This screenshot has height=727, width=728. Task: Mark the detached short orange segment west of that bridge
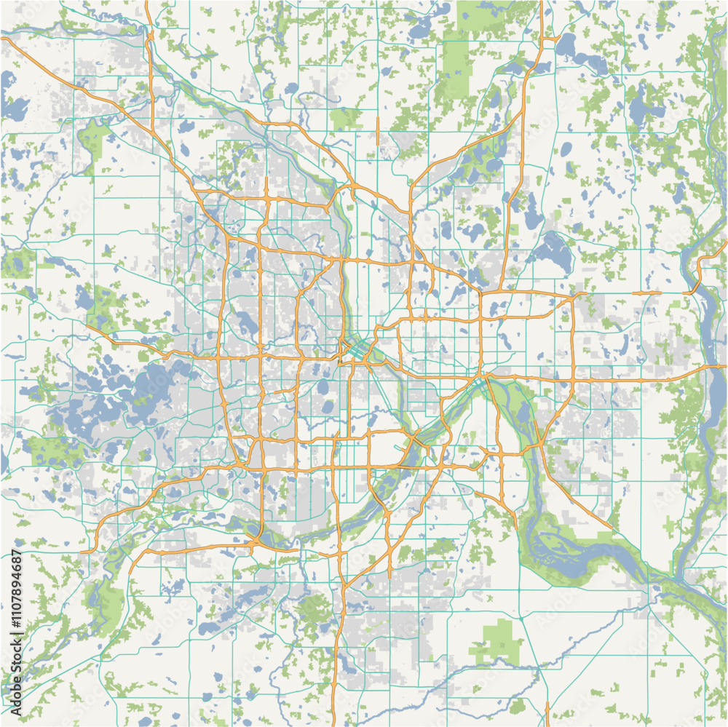tap(646, 293)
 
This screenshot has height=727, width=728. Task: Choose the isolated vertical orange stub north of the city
tap(378, 131)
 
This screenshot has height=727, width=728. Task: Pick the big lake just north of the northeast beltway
tap(553, 251)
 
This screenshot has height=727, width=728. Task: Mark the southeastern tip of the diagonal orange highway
tap(612, 528)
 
